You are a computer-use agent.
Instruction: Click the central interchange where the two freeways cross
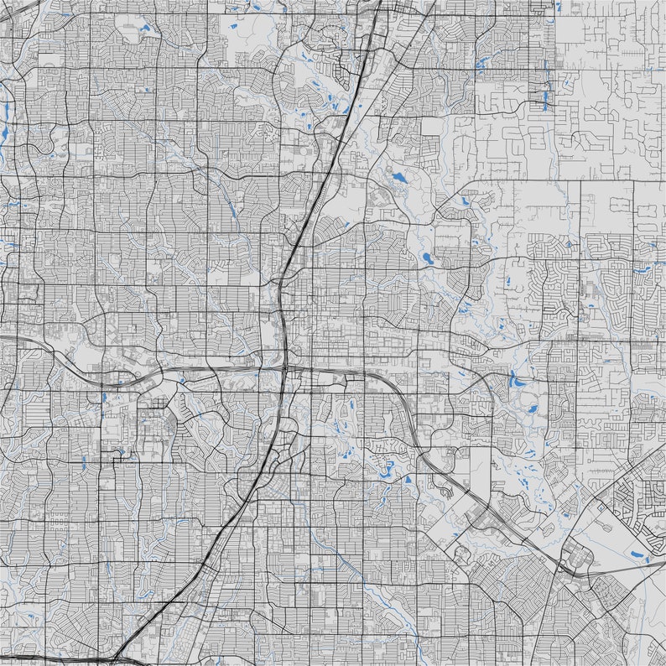click(x=286, y=368)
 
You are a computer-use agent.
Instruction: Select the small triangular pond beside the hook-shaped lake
click(x=408, y=480)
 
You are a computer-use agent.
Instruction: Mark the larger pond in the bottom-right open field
click(x=647, y=557)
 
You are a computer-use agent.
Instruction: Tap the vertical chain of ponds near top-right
click(x=546, y=84)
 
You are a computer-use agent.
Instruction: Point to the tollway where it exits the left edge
click(x=3, y=338)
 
